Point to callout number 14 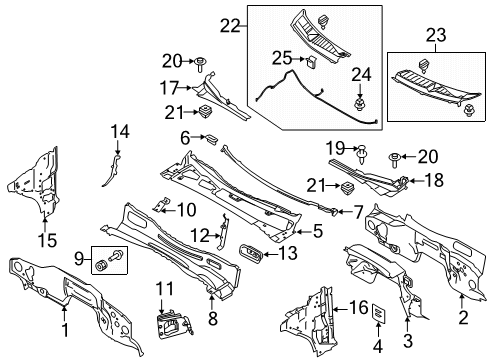click(119, 131)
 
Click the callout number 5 click(318, 231)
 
